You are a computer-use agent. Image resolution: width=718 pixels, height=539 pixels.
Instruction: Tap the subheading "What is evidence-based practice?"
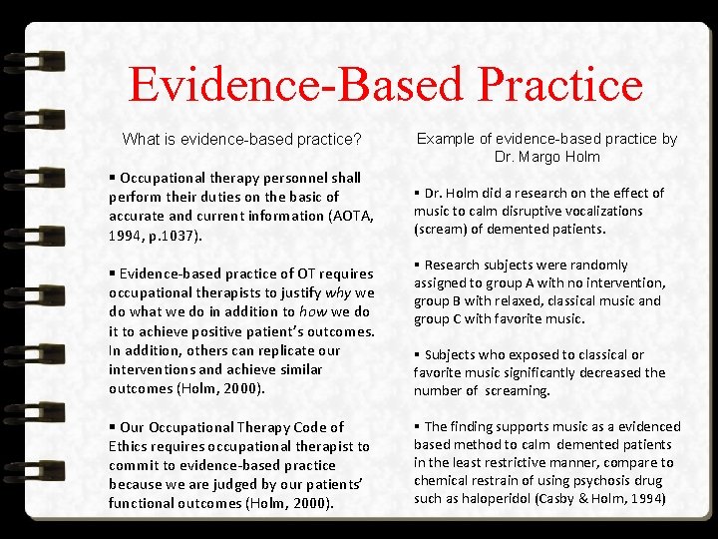(241, 139)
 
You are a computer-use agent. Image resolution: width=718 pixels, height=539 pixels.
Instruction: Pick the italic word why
(340, 291)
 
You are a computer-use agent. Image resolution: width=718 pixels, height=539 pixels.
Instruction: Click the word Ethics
(132, 446)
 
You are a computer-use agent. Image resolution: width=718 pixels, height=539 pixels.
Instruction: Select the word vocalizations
(600, 211)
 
